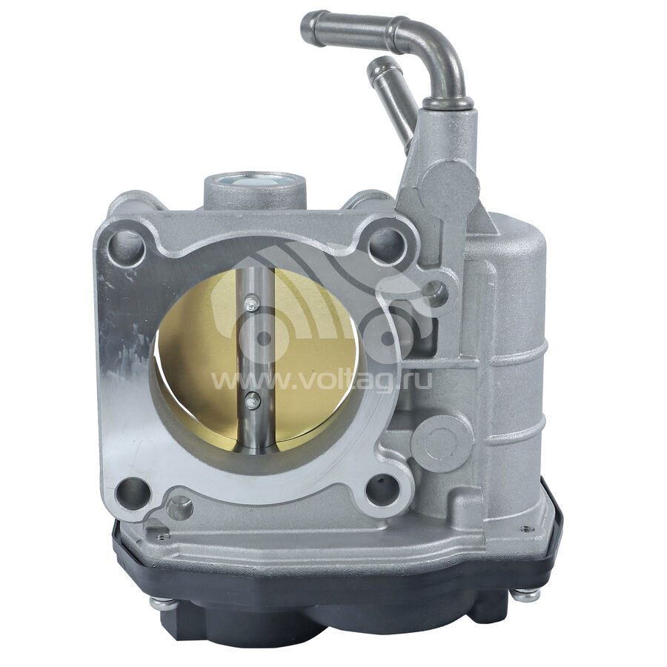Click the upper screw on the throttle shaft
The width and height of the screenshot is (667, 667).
click(252, 304)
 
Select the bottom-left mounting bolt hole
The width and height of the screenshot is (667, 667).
click(133, 494)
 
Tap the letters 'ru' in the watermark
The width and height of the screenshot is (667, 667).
click(418, 379)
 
